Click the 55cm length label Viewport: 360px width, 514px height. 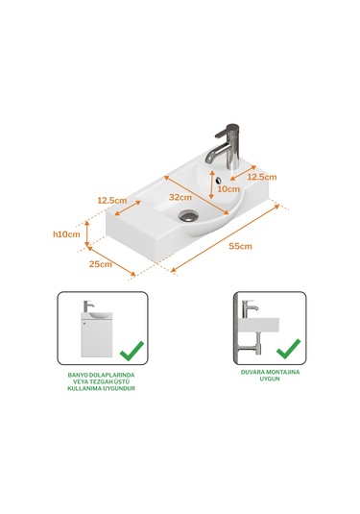pos(240,247)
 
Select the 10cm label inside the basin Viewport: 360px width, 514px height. pos(228,189)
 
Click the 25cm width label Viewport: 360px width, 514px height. pos(101,263)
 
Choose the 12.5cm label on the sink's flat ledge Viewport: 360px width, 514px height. pos(112,200)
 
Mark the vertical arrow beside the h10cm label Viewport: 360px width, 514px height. pos(88,232)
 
